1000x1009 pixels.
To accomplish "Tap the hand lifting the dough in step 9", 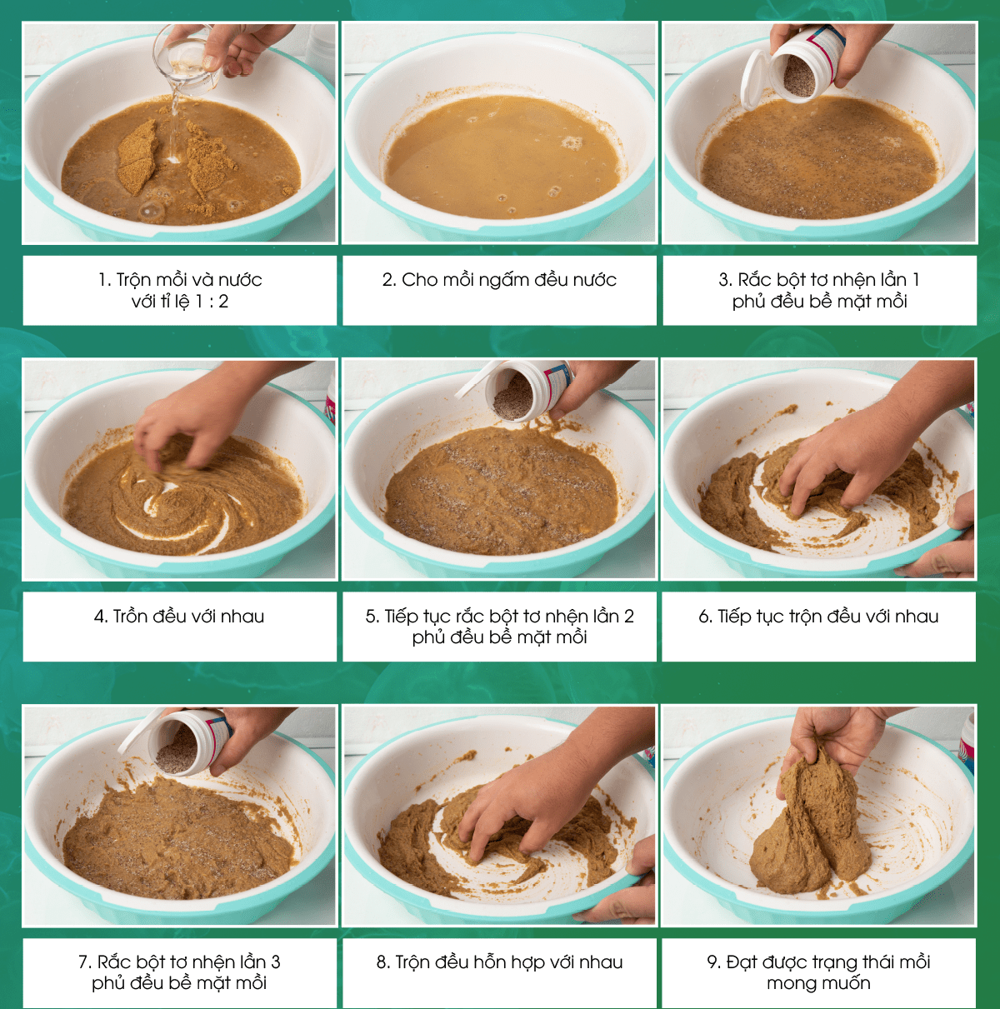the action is [838, 743].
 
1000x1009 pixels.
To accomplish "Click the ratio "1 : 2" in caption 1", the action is [212, 302].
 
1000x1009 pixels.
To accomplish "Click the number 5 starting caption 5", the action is [371, 617].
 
